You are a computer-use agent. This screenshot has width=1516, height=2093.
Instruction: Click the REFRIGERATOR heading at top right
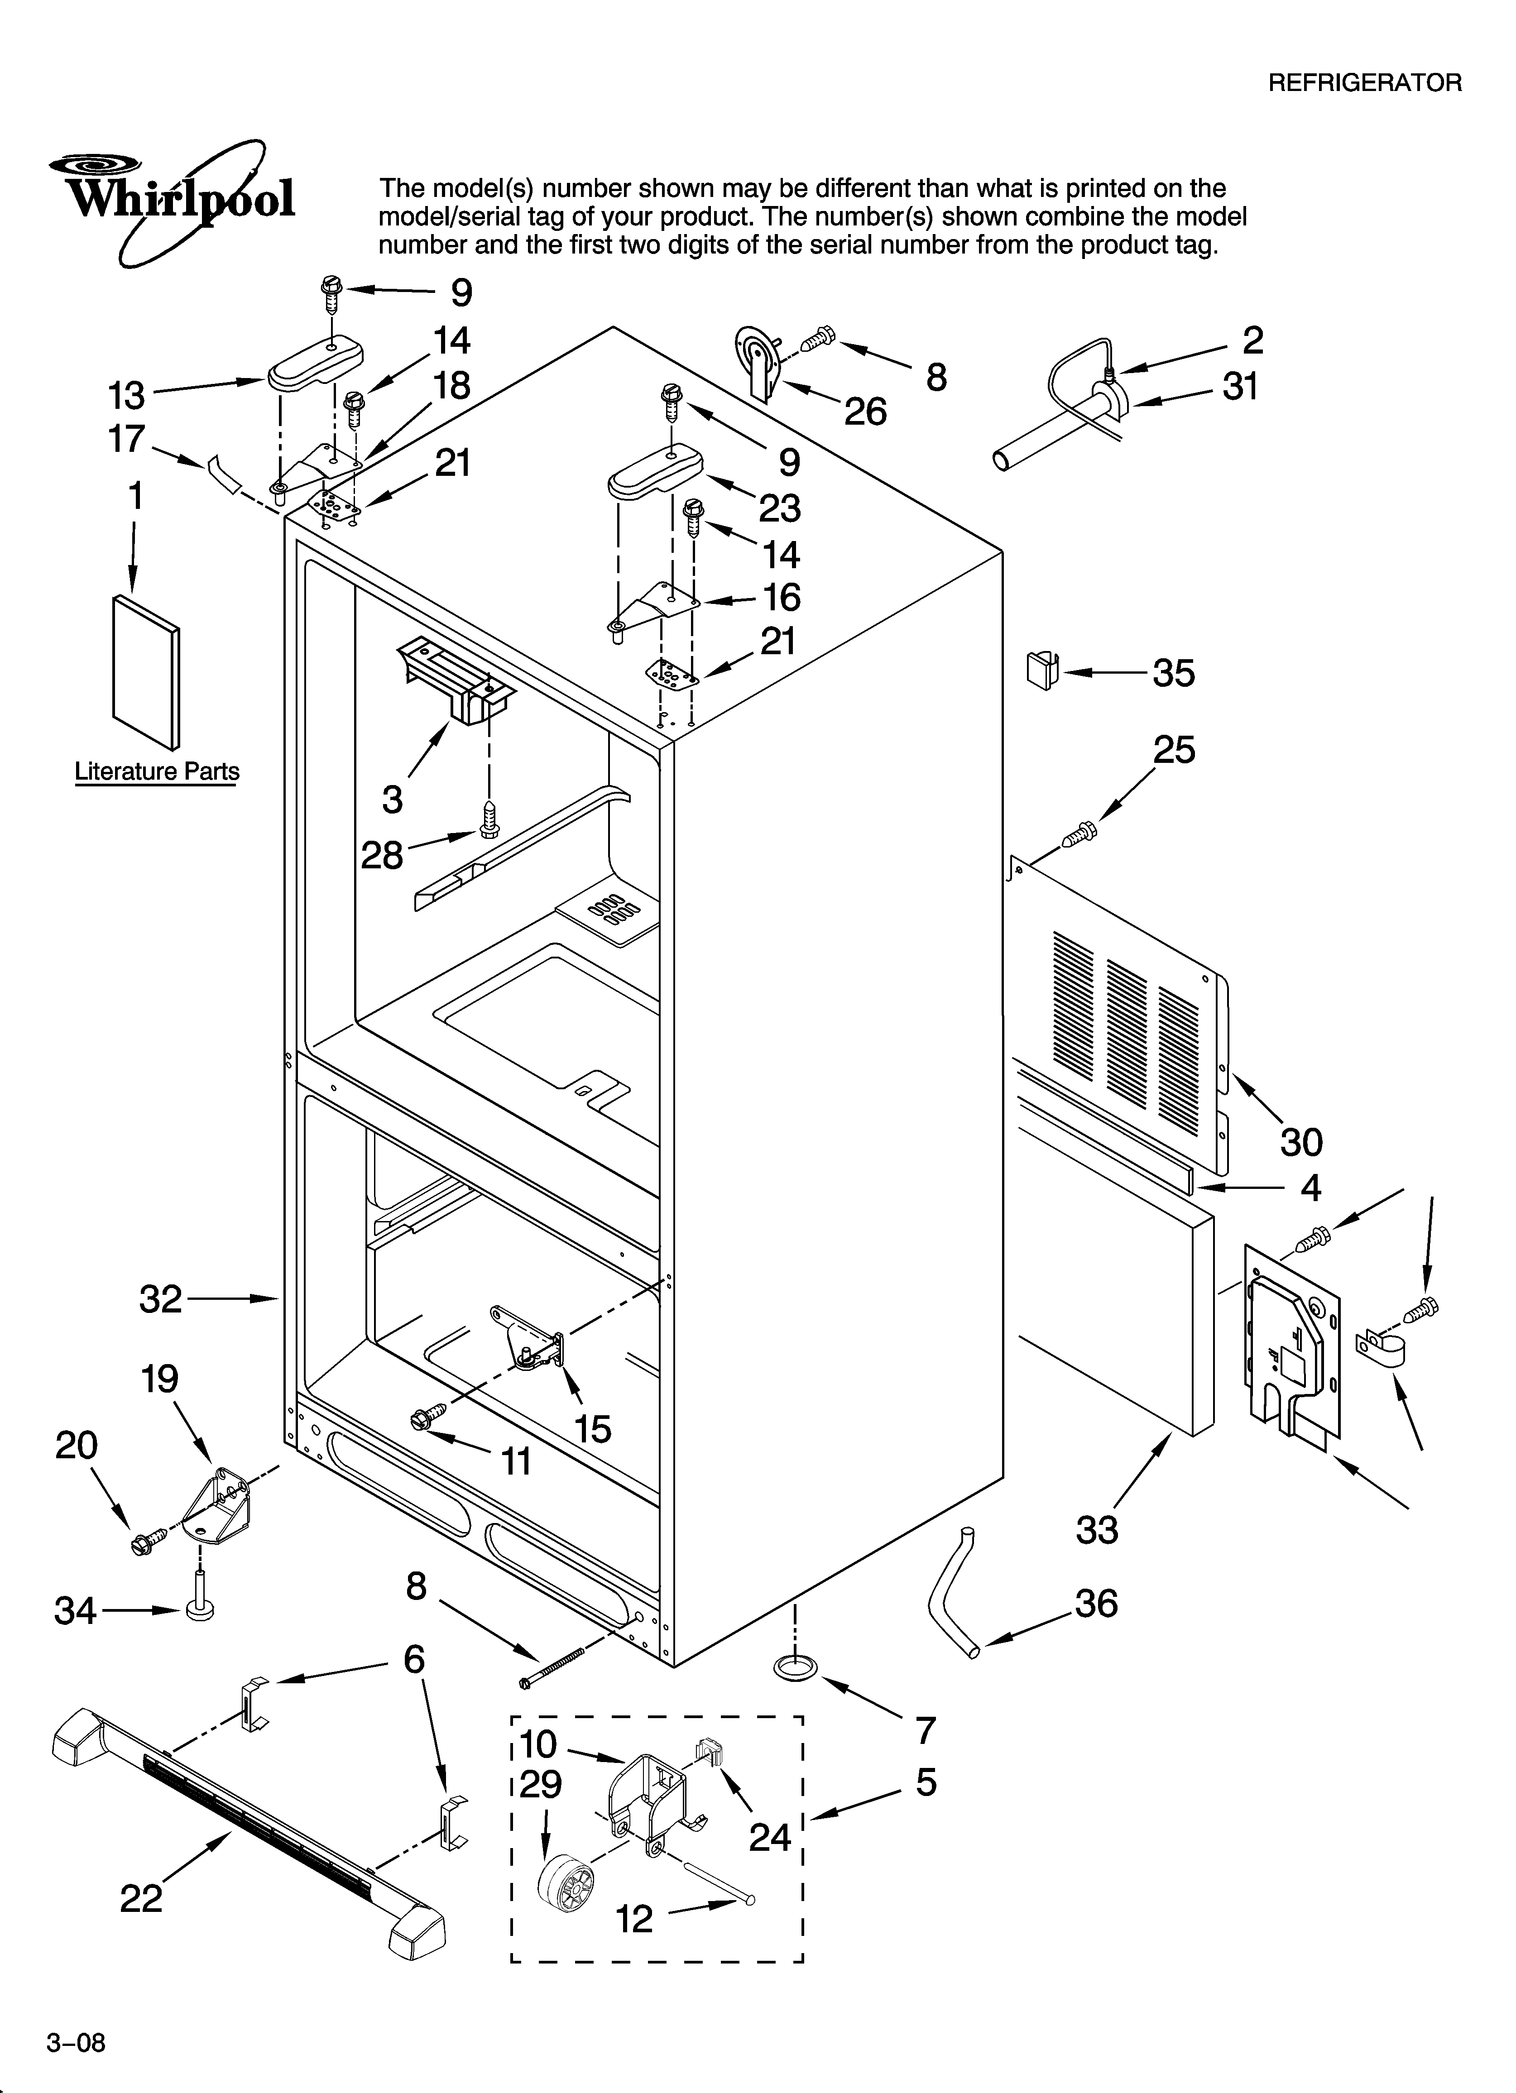(1365, 83)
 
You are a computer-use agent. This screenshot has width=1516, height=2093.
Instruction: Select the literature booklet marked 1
(146, 672)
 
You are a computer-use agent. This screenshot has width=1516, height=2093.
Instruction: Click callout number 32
(161, 1299)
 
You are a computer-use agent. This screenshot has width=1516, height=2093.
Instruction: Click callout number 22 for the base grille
(141, 1899)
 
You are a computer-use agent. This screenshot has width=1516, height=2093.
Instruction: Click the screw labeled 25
(1079, 835)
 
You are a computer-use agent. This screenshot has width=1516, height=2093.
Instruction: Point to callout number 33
(1097, 1530)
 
